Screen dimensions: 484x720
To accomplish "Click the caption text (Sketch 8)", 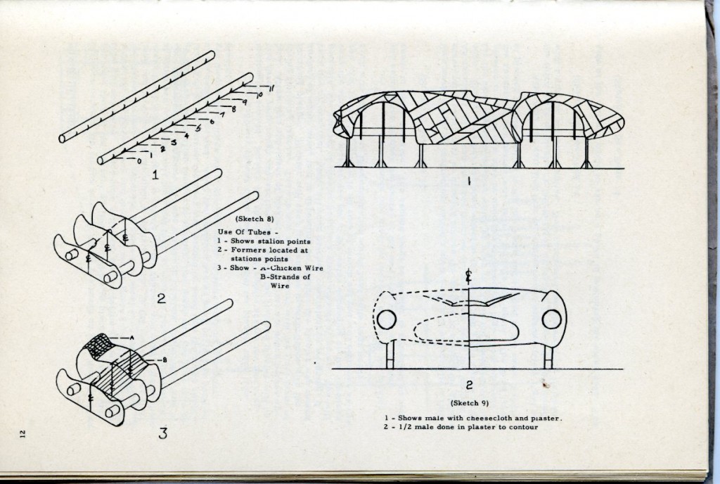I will click(x=251, y=218).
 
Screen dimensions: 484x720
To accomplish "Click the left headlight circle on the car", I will click(x=387, y=320).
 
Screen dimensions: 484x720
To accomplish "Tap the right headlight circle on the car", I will click(x=551, y=319).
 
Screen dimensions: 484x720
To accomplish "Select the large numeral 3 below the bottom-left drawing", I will click(x=162, y=433).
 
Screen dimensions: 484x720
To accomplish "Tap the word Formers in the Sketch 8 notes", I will click(x=251, y=250).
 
